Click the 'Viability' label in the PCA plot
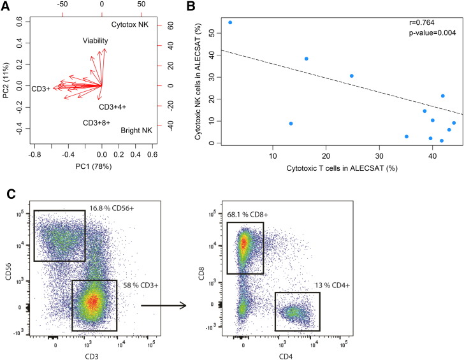click(96, 41)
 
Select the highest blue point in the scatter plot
click(230, 22)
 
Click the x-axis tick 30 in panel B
click(379, 157)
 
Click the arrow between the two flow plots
click(163, 305)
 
